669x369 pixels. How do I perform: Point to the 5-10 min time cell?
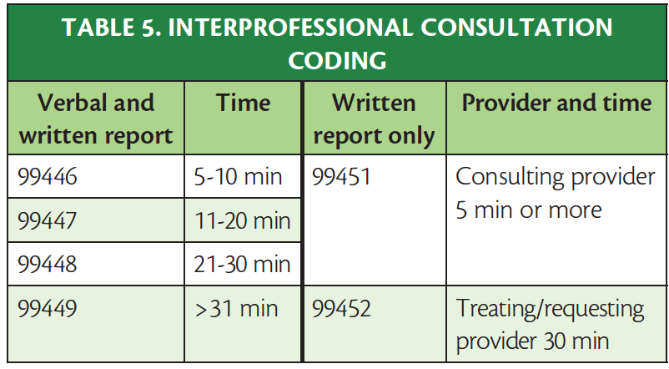239,177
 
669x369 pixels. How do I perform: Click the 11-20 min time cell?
243,221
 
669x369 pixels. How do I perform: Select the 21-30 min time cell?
243,265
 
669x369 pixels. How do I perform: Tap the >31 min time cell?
239,310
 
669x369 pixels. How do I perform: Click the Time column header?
243,103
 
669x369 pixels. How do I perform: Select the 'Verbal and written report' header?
94,119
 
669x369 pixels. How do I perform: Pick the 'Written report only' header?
374,119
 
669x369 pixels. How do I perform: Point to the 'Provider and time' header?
556,103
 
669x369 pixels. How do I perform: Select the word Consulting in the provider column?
507,177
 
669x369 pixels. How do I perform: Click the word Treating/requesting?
550,310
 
